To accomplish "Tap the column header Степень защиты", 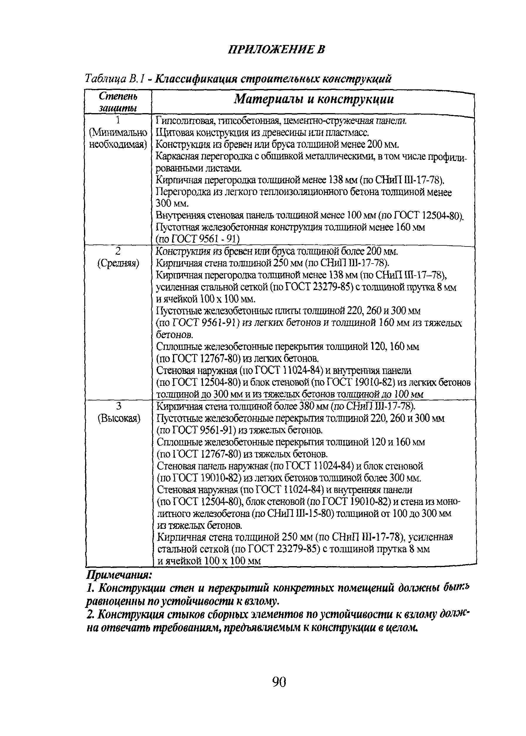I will (118, 101).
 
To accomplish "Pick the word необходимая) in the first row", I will (118, 145).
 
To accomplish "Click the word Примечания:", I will (119, 575).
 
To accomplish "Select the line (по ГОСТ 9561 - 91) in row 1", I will (198, 239).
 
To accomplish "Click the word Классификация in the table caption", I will (196, 78).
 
